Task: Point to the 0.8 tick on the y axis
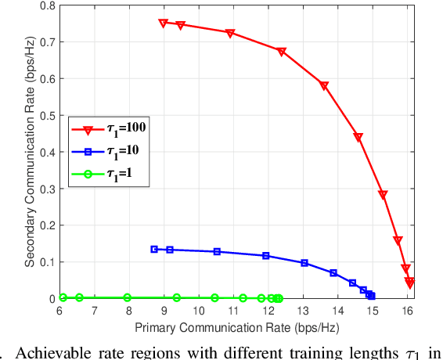tap(46, 5)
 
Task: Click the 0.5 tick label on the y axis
tap(46, 115)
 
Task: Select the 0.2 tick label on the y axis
tap(46, 225)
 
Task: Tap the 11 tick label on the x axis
tap(233, 311)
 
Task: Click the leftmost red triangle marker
tap(164, 23)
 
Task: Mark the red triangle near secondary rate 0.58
tap(324, 86)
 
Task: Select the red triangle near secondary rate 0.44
tap(358, 138)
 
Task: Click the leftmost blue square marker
tap(154, 249)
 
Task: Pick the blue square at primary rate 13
tap(304, 263)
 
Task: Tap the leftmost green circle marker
tap(63, 297)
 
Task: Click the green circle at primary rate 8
tap(128, 298)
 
